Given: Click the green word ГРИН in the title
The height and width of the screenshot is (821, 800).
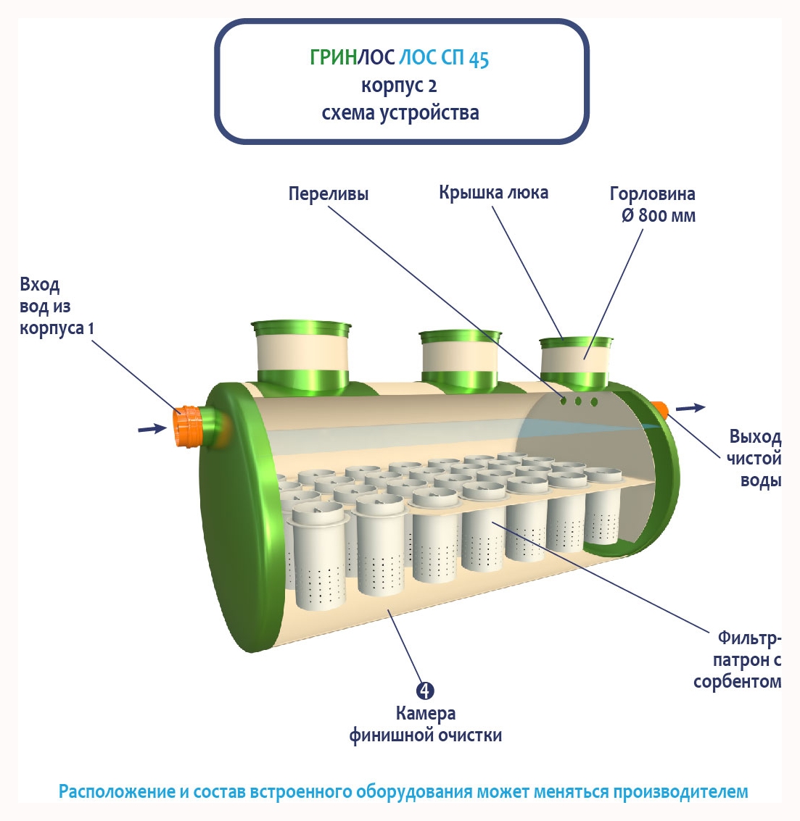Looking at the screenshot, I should [333, 57].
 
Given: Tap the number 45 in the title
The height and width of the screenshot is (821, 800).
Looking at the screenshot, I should [479, 59].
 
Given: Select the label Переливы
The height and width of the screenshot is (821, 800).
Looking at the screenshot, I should [329, 194].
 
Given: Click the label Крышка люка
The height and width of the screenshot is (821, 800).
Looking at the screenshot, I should [493, 193].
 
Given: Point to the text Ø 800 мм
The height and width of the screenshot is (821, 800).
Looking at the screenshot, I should [658, 216].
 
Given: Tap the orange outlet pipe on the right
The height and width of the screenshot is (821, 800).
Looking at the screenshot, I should [659, 409].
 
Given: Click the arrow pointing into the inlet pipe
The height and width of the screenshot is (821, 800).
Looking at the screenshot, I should [152, 429].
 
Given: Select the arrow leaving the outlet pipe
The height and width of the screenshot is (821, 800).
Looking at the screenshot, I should [690, 408].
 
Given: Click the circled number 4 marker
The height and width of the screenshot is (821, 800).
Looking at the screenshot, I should [425, 691].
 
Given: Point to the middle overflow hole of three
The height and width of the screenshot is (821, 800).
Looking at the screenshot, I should [578, 401].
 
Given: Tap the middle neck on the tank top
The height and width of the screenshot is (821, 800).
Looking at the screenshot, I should [460, 360].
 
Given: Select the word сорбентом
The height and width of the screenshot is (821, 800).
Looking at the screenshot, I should [737, 682].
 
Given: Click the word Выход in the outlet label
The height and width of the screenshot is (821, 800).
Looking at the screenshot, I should [755, 437].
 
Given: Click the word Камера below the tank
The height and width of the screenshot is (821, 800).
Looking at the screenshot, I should [426, 714].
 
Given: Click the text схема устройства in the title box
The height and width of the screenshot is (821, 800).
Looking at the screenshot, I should [400, 113].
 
